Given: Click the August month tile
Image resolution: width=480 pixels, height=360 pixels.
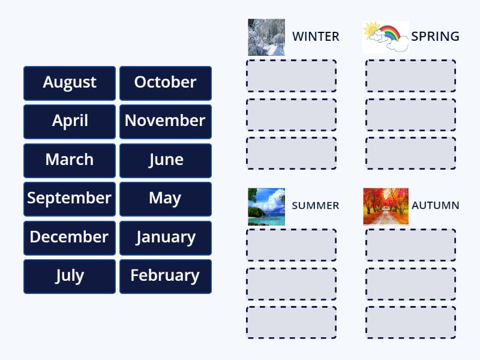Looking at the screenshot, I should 70,83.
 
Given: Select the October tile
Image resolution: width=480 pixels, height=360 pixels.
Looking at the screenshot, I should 166,83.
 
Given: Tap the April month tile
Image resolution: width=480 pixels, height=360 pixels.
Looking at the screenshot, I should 70,121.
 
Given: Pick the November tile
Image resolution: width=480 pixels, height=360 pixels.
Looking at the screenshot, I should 166,121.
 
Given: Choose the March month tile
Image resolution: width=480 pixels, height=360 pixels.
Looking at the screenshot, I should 70,160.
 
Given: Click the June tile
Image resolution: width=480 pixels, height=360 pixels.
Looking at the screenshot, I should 166,160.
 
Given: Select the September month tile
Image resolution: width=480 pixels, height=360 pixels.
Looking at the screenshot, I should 70,199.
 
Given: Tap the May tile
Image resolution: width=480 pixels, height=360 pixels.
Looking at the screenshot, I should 166,199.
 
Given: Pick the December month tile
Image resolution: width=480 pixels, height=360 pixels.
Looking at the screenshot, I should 70,238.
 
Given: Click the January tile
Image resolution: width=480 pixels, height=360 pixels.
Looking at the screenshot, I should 166,238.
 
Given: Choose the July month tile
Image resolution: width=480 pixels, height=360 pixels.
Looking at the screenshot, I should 70,276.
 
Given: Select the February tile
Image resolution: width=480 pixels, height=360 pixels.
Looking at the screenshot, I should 166,276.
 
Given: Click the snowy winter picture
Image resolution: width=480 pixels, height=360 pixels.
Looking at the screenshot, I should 266,37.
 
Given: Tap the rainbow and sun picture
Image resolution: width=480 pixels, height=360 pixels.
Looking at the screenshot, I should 385,37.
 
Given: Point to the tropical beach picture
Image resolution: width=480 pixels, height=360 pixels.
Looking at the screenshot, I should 266,206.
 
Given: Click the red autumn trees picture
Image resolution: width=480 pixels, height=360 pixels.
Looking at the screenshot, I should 385,206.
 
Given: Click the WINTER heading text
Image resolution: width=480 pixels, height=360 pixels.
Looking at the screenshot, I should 316,37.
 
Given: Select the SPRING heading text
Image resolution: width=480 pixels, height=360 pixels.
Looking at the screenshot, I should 435,37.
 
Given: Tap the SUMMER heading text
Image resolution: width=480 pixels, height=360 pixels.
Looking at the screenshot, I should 315,206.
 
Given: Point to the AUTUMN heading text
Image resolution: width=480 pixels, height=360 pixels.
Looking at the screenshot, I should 435,206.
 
